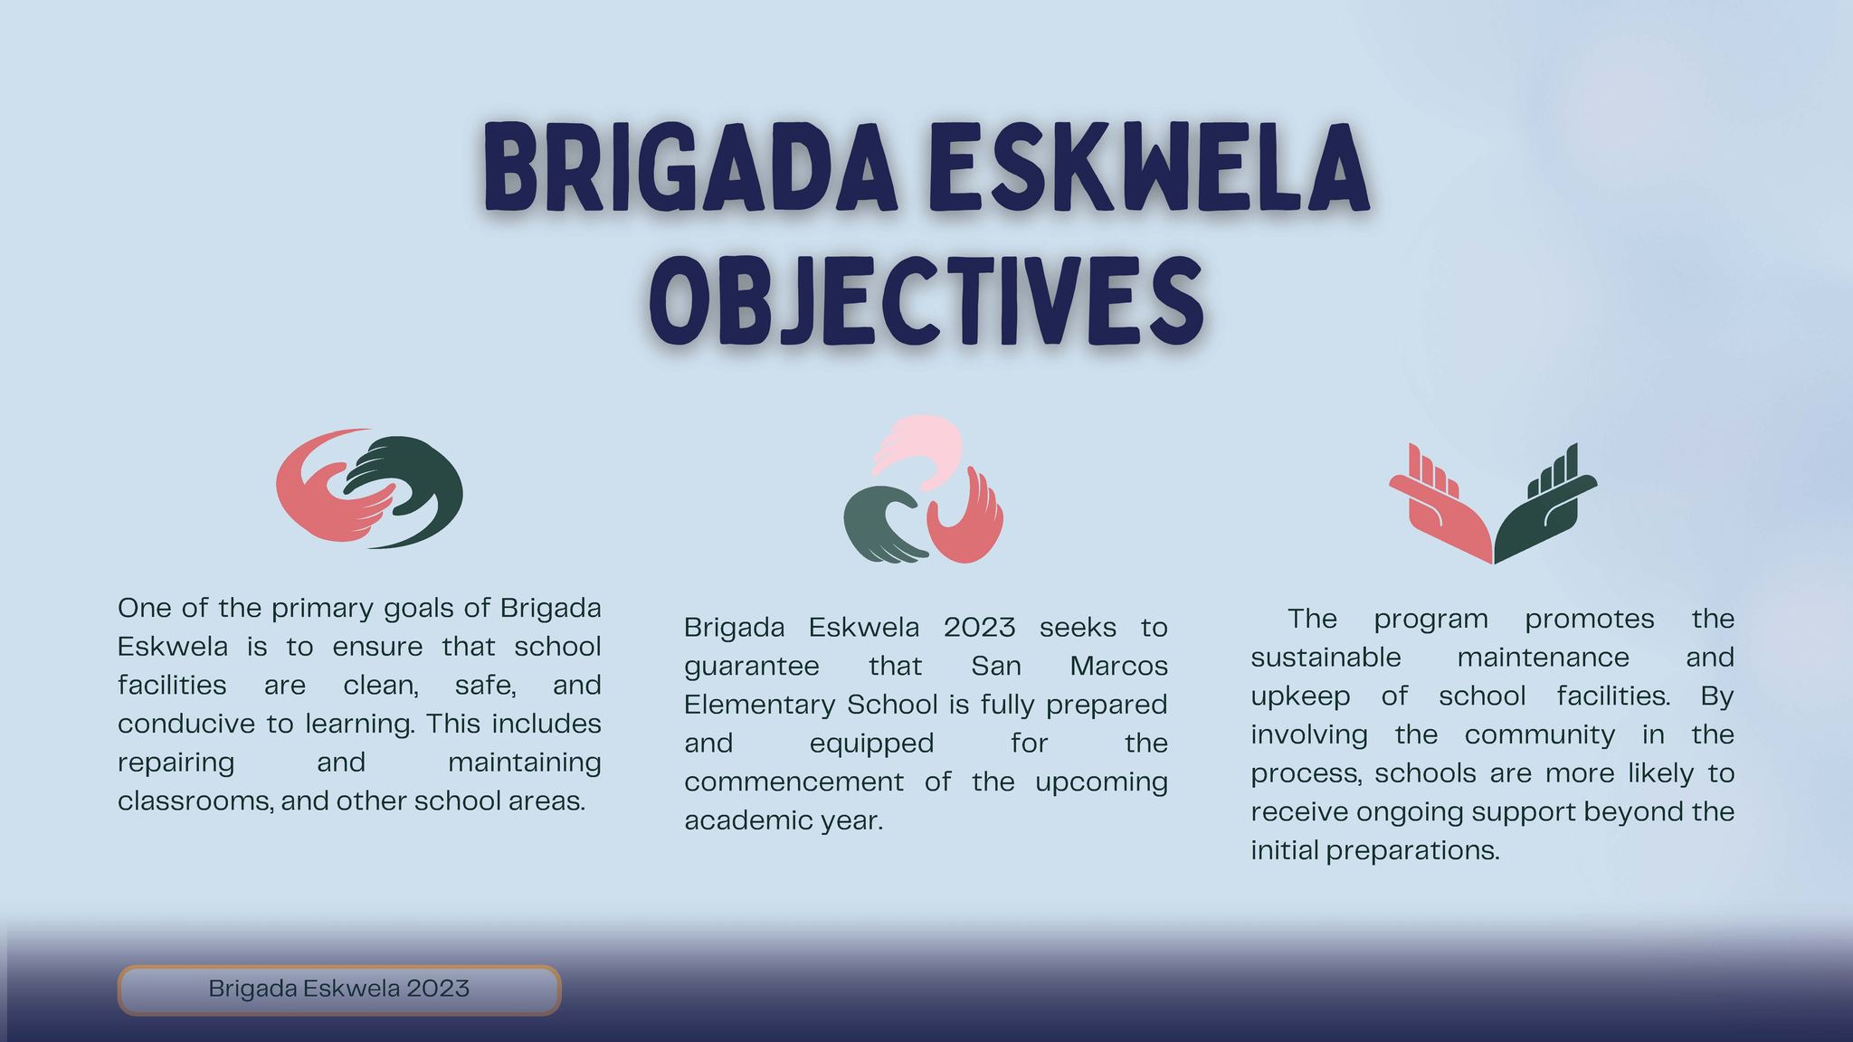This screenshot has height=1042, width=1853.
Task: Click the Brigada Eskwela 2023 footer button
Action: (x=338, y=989)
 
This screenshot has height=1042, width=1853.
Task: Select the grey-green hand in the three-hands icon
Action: (x=873, y=525)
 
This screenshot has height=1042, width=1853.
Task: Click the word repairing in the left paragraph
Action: (x=176, y=763)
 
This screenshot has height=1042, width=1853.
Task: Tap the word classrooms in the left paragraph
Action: (x=194, y=801)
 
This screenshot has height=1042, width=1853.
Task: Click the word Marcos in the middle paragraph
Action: (x=1118, y=666)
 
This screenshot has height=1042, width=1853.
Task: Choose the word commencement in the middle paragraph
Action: (x=793, y=781)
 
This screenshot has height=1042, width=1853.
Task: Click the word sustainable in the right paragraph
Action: (x=1326, y=657)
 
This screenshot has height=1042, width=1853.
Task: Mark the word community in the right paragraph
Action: (x=1539, y=734)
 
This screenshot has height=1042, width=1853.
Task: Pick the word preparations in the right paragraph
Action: (x=1412, y=850)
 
